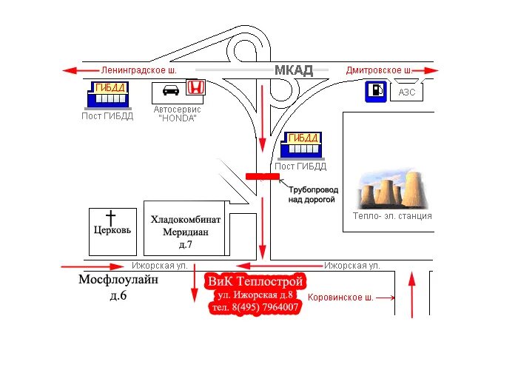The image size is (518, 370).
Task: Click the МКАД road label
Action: coord(294,70)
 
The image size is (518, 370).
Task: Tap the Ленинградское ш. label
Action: coord(140,70)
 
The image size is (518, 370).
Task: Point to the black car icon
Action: coord(169,92)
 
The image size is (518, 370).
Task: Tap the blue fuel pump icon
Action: coord(375,92)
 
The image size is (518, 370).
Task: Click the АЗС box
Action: coord(407,92)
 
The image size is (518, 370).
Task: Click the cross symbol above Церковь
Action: coord(111,218)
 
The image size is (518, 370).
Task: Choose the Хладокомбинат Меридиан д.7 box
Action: coord(186,230)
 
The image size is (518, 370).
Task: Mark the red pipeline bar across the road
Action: coord(262,176)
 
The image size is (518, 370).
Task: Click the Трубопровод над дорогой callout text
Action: coord(312,195)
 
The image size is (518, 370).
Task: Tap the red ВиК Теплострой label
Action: coord(255,282)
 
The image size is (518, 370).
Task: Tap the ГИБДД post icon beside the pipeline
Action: coord(300,144)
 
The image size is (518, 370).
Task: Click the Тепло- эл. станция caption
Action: coord(392,217)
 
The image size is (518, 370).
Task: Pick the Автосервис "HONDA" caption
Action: coord(177,113)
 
